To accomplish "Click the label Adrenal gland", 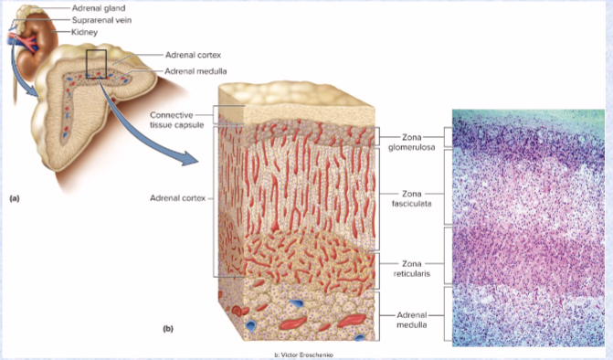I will tap(98, 7).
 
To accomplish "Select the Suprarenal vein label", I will tap(101, 19).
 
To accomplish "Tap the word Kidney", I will tap(84, 32).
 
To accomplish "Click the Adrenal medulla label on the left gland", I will tap(196, 70).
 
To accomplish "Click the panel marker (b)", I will tap(167, 326).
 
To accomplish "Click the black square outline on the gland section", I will tap(96, 65).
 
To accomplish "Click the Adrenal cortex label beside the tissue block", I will tap(178, 197).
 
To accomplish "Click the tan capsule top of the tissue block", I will tap(292, 102).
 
